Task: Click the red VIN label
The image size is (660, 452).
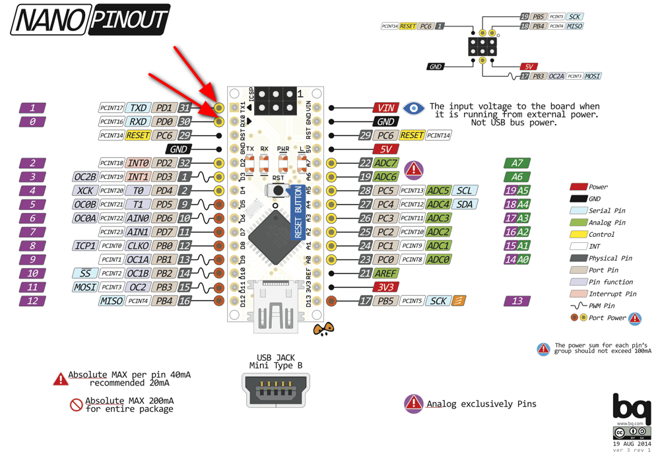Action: (385, 108)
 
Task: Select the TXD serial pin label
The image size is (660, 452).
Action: (138, 108)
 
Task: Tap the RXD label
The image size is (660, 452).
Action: (138, 121)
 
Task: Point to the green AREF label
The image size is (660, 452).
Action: (385, 273)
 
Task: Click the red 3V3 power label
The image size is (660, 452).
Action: (385, 287)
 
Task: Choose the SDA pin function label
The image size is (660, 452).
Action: (465, 205)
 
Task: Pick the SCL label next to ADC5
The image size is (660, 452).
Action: (465, 191)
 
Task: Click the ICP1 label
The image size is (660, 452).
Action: (86, 246)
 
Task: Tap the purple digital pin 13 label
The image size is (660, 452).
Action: (517, 301)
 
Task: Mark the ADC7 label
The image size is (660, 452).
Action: (385, 163)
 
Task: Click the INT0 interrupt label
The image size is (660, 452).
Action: (138, 163)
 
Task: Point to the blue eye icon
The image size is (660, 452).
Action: (414, 108)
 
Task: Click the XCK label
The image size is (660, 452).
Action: (86, 191)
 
